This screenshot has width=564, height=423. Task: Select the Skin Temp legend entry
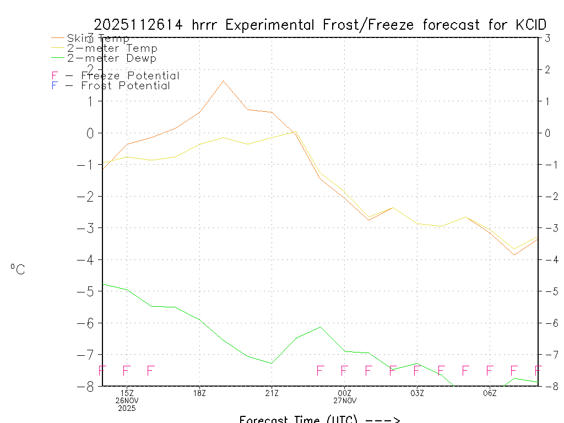(x=98, y=39)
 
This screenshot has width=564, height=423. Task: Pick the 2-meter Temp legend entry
(x=112, y=48)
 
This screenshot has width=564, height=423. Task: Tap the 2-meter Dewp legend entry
(x=111, y=58)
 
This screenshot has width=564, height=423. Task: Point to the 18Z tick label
(x=199, y=393)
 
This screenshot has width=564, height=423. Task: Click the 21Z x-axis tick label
(x=272, y=393)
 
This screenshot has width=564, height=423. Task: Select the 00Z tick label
(x=344, y=393)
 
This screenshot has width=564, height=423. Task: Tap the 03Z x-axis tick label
(x=417, y=393)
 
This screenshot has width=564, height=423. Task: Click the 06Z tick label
(x=490, y=393)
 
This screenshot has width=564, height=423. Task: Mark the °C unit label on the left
(x=18, y=269)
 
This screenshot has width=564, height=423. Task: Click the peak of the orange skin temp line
(x=223, y=81)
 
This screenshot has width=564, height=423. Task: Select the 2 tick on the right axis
(x=547, y=69)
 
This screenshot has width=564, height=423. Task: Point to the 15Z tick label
(x=127, y=393)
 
